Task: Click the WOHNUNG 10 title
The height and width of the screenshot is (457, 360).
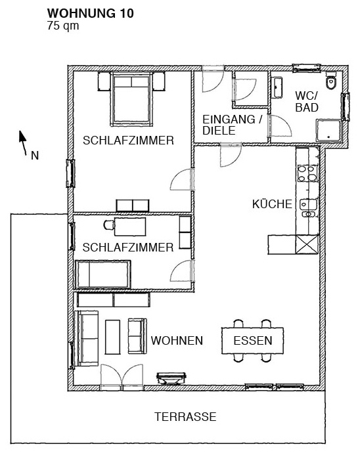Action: (x=91, y=13)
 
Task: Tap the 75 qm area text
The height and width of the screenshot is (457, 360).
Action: (x=63, y=26)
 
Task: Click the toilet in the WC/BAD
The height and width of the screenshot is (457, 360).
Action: (x=331, y=81)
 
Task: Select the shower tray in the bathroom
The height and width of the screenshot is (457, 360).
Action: (x=329, y=131)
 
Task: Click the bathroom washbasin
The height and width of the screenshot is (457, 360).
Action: (x=277, y=88)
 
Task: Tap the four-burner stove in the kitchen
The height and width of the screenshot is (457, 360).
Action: (x=307, y=173)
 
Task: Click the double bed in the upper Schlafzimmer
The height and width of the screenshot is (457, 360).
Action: (x=132, y=99)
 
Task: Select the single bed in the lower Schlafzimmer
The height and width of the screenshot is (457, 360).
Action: (x=103, y=274)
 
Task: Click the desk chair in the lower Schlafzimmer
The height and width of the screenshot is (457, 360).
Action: (x=109, y=225)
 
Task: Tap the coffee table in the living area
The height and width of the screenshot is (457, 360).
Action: (x=112, y=337)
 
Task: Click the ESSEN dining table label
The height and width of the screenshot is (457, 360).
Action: (x=253, y=340)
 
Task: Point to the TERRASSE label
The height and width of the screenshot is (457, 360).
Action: (x=185, y=417)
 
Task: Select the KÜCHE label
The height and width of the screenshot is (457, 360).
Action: (x=272, y=204)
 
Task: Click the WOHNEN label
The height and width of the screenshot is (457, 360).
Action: (x=177, y=340)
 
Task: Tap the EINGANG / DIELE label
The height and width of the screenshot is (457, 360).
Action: (x=233, y=125)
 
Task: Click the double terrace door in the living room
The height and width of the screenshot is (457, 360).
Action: (x=122, y=378)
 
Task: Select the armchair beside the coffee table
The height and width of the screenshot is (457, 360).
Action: (x=137, y=336)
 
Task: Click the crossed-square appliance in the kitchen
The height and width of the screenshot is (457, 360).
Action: (x=307, y=244)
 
